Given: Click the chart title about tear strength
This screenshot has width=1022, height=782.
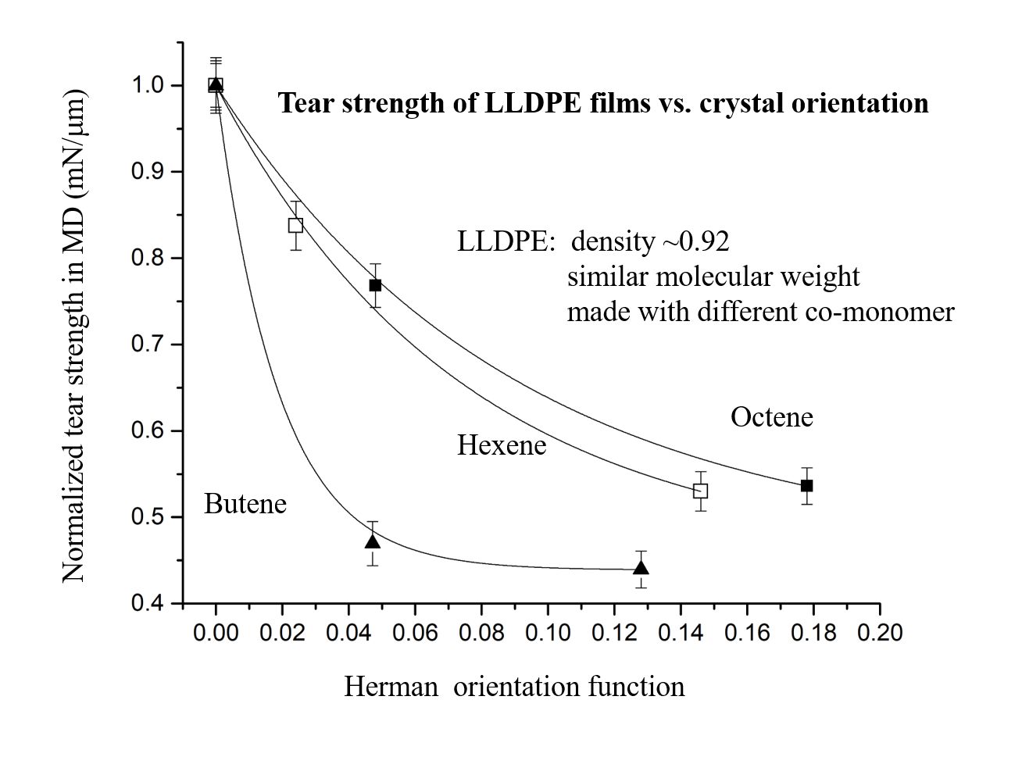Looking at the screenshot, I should point(603,103).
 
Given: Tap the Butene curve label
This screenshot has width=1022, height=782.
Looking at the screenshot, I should point(245,504).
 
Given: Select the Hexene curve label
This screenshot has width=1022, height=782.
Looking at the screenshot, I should point(502,445).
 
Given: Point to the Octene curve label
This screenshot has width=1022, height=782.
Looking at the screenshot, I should point(771,417).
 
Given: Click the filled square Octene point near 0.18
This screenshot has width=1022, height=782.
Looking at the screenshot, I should point(807,486).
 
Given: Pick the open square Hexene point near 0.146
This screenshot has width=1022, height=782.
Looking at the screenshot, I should point(701,491).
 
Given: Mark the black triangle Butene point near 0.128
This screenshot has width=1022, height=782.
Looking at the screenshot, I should point(641,568).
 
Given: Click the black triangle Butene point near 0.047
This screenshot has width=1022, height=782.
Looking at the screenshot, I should point(373,541).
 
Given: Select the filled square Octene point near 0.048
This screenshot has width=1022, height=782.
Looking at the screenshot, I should point(375,285).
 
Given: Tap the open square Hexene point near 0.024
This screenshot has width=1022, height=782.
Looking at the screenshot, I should point(295,225).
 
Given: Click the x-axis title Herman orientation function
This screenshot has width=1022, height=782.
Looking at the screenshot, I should point(514,687).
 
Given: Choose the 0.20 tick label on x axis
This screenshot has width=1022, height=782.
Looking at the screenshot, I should point(880,631).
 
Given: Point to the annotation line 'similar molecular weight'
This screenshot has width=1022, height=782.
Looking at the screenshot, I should point(713,277).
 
